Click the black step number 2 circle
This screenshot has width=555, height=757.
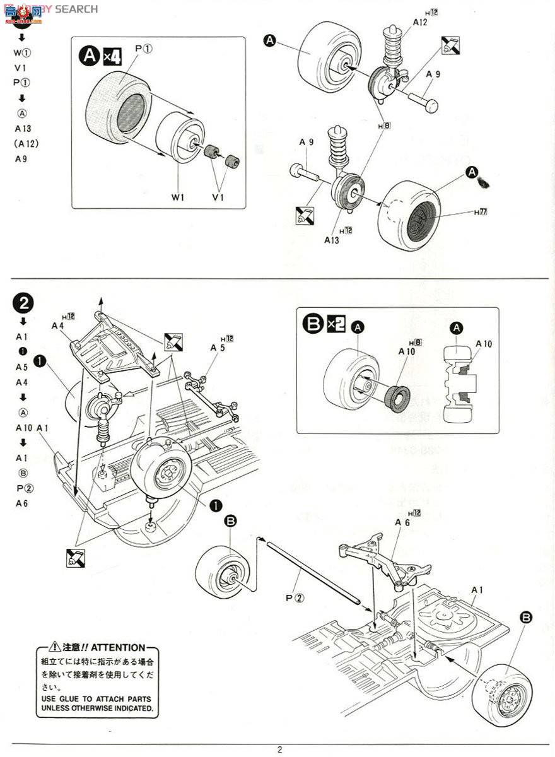tap(23, 303)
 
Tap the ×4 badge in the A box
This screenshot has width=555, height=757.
tap(111, 57)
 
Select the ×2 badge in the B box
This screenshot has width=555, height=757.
tap(336, 324)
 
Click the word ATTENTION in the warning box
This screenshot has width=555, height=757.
tap(117, 648)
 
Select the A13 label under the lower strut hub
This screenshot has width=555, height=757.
tap(332, 240)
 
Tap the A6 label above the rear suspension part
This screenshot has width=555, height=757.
tap(402, 522)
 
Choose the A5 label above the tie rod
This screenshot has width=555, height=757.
tap(218, 347)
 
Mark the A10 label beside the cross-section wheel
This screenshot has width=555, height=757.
tap(484, 344)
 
